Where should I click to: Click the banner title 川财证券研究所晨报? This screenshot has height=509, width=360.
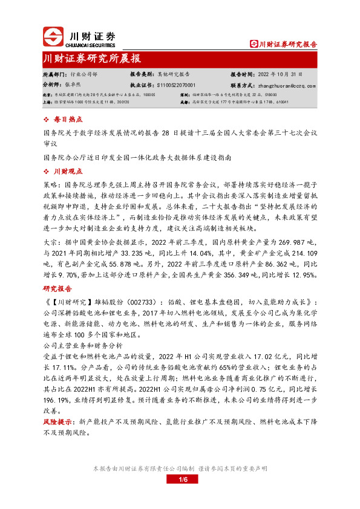[x=91, y=59]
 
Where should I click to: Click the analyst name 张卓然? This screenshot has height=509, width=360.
[x=72, y=85]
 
